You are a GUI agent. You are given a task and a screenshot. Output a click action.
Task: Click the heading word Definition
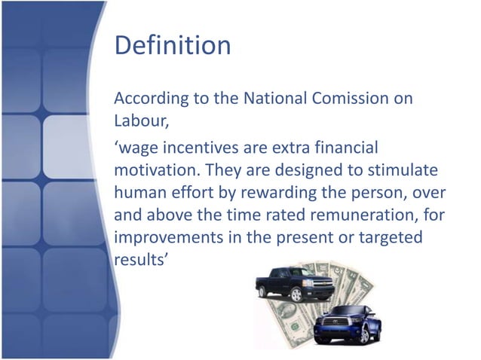[172, 45]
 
